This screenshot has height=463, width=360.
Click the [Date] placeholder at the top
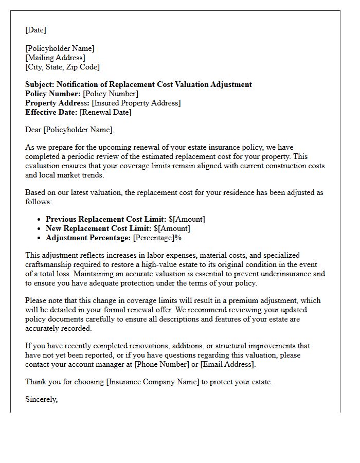coord(35,30)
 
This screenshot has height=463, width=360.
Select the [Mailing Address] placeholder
coord(55,58)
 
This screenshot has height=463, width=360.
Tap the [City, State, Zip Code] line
coord(62,67)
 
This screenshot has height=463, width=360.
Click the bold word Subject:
coord(40,84)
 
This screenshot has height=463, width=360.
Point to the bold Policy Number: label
coord(53,94)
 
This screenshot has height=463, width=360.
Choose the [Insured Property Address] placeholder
coord(136,103)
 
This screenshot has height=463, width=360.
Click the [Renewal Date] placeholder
coord(105,112)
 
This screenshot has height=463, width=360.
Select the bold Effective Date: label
coord(51,112)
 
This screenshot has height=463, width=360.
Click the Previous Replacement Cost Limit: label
coord(106,219)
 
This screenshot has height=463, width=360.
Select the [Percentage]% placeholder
coord(157,238)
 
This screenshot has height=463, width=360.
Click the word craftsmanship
coord(49,264)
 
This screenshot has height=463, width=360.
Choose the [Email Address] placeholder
coord(227,364)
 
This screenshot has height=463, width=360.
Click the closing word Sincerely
coord(41,399)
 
